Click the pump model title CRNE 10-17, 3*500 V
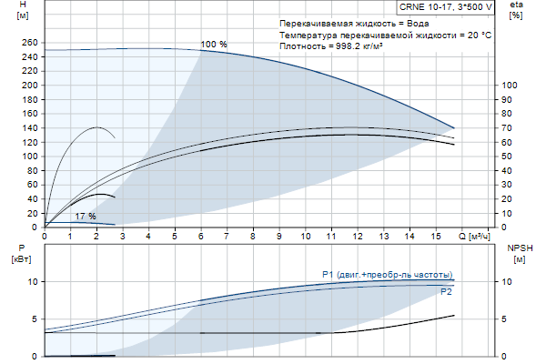(445, 6)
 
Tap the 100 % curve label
(213, 45)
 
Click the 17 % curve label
(86, 216)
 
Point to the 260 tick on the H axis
(28, 43)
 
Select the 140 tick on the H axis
(28, 128)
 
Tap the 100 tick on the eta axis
(509, 85)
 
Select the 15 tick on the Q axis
(436, 237)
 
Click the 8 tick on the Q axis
(253, 237)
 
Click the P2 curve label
(446, 292)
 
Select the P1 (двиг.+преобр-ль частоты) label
(387, 274)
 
